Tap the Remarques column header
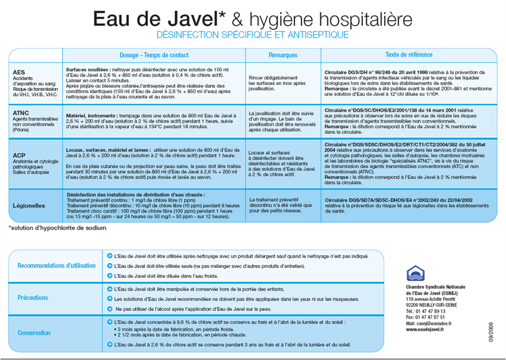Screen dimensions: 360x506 pos(283,55)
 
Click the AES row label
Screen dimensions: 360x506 pos(19,72)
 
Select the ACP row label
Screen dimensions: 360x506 pos(20,154)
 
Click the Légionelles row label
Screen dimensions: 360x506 pos(29,205)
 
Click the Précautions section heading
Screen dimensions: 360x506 pos(33,298)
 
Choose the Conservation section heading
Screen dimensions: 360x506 pos(34,332)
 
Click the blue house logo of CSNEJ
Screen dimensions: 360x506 pos(415,274)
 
